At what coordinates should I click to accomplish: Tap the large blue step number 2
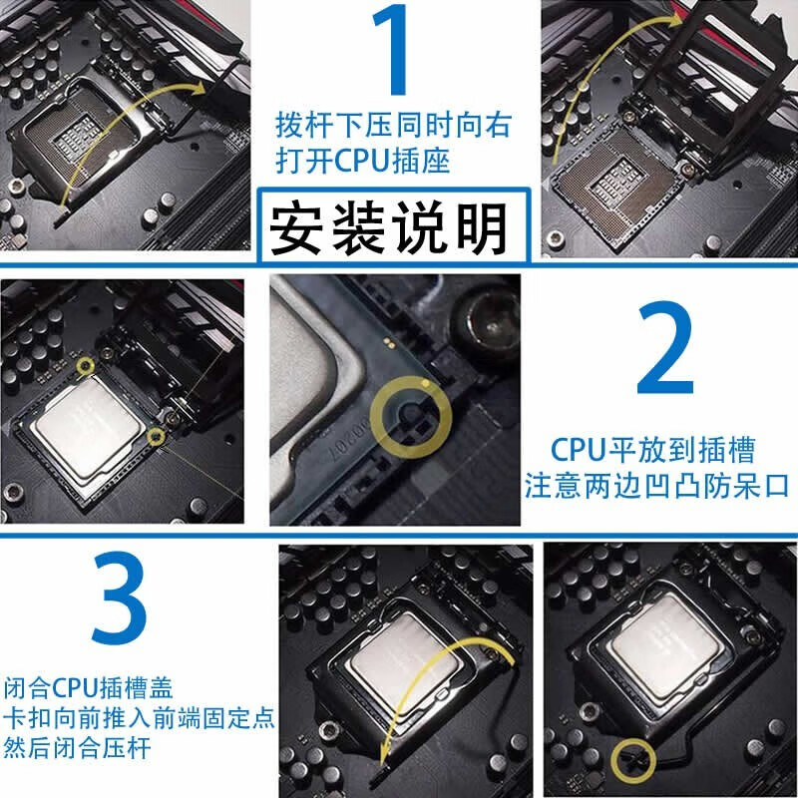click(664, 347)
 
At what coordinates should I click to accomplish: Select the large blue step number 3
click(120, 597)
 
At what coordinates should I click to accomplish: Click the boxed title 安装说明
click(388, 227)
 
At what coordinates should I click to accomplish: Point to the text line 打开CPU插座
click(363, 161)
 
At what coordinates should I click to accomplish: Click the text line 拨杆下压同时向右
click(393, 126)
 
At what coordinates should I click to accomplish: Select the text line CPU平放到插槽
click(652, 450)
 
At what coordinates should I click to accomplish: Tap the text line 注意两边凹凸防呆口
click(656, 486)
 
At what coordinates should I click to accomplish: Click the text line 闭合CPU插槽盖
click(89, 688)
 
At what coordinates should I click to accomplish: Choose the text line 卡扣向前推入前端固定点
click(139, 718)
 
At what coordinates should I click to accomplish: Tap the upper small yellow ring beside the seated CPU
click(85, 365)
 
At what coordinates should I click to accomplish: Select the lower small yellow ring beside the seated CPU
click(156, 436)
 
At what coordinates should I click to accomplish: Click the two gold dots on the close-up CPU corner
click(389, 341)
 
